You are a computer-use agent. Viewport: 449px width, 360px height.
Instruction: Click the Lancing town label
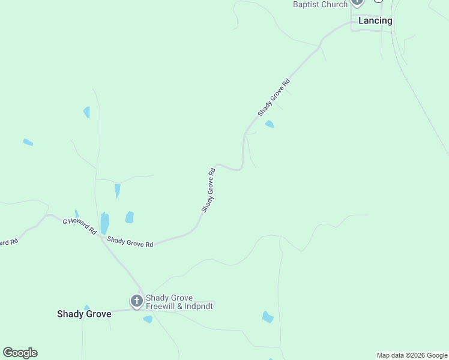(x=375, y=20)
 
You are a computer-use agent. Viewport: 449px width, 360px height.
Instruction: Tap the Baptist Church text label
(x=320, y=5)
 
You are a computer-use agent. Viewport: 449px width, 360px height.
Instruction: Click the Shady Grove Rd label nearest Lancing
(x=274, y=97)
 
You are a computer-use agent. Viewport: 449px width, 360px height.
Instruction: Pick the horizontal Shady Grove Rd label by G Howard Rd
(x=130, y=242)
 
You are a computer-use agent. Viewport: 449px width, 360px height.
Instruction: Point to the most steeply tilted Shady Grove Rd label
(x=208, y=190)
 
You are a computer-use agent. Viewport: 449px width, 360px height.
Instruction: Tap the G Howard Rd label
(x=80, y=226)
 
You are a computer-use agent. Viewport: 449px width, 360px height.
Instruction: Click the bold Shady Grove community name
(x=84, y=314)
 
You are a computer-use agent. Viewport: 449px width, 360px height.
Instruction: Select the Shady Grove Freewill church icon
(x=137, y=301)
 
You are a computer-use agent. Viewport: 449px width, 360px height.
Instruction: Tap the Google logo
(x=20, y=353)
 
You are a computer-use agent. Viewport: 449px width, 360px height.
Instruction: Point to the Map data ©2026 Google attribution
(x=412, y=355)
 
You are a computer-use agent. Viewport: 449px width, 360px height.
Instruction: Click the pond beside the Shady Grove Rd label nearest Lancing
(x=270, y=124)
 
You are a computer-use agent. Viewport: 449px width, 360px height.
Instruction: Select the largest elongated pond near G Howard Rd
(x=105, y=223)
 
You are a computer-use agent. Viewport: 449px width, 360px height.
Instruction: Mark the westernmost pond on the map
(x=28, y=142)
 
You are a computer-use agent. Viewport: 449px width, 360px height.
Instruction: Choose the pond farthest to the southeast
(x=268, y=317)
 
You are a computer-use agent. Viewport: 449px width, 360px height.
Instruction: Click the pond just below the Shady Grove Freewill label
(x=148, y=319)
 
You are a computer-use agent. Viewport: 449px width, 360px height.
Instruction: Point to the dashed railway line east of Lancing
(x=420, y=102)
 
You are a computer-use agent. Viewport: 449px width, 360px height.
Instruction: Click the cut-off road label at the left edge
(x=8, y=242)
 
